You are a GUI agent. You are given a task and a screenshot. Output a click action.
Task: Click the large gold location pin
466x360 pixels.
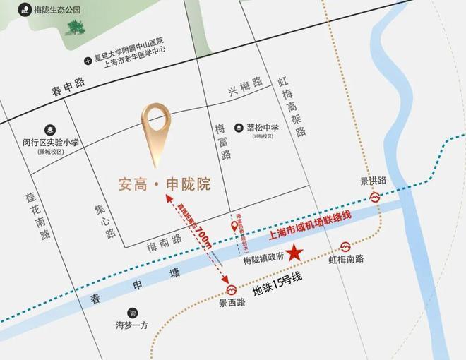click(x=156, y=132)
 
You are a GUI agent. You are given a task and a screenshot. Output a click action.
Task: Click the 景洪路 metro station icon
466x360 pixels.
click(x=373, y=198)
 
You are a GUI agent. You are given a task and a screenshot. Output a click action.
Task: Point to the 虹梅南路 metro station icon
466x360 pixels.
click(x=346, y=246)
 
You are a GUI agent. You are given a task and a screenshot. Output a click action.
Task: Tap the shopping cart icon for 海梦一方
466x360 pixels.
click(x=132, y=313)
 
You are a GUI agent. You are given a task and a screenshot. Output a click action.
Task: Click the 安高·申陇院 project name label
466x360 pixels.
click(x=164, y=185)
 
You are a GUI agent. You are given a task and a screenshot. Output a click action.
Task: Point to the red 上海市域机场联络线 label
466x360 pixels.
click(x=311, y=220)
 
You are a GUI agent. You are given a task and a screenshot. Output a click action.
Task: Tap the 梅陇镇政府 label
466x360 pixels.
click(x=263, y=258)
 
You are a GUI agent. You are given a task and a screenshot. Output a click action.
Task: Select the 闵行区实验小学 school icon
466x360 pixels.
click(x=50, y=130)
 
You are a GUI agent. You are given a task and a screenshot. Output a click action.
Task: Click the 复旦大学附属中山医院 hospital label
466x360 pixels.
click(x=129, y=42)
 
